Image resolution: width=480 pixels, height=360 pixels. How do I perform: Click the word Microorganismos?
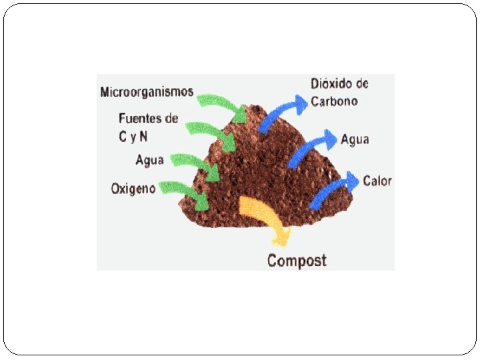click(147, 92)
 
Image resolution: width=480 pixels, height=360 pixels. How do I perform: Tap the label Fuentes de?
click(148, 119)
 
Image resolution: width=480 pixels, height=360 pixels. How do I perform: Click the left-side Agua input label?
click(149, 161)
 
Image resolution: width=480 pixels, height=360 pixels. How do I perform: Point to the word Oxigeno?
click(133, 189)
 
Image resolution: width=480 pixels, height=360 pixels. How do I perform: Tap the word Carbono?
click(334, 101)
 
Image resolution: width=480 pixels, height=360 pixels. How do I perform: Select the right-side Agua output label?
click(355, 139)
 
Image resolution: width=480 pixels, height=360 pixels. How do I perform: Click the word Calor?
click(377, 181)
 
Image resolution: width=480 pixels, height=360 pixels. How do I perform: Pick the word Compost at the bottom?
click(297, 260)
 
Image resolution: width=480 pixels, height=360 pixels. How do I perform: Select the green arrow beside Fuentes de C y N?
click(211, 133)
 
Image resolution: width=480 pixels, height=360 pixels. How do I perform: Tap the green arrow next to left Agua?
click(196, 165)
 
